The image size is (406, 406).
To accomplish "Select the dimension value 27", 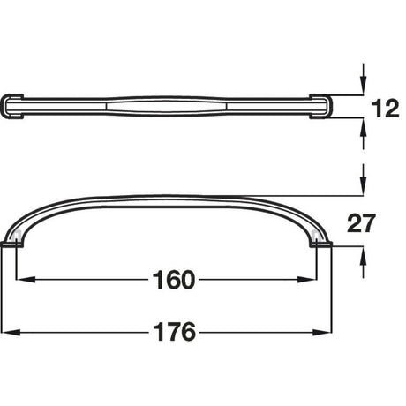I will click(381, 224).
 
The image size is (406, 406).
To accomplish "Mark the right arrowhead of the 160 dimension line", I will click(319, 280).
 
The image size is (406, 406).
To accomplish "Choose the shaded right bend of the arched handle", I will click(319, 231).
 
